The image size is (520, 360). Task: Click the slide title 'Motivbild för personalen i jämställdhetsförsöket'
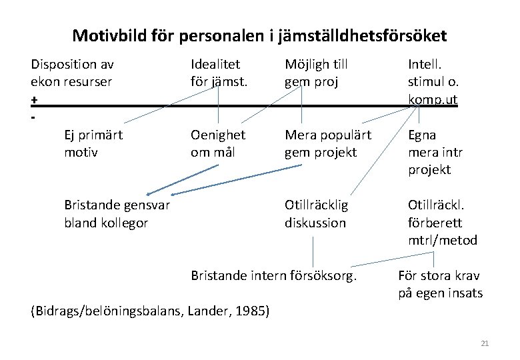pyautogui.click(x=259, y=35)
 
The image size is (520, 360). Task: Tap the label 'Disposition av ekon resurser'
pyautogui.click(x=72, y=73)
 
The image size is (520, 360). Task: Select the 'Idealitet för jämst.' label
pyautogui.click(x=219, y=73)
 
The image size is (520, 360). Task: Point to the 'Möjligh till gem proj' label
pyautogui.click(x=316, y=73)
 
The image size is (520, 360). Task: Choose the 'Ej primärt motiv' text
pyautogui.click(x=93, y=143)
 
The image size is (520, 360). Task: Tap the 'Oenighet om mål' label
pyautogui.click(x=218, y=143)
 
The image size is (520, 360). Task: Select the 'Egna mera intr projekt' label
pyautogui.click(x=435, y=152)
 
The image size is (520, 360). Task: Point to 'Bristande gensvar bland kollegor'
pyautogui.click(x=117, y=214)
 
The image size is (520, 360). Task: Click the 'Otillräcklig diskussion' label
pyautogui.click(x=316, y=214)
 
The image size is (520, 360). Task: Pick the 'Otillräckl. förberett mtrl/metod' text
pyautogui.click(x=442, y=223)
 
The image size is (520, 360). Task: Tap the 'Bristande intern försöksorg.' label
pyautogui.click(x=274, y=275)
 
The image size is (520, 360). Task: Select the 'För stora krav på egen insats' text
pyautogui.click(x=440, y=284)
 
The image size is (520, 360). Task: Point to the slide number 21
pyautogui.click(x=485, y=343)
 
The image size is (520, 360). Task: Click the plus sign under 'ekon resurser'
pyautogui.click(x=34, y=99)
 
